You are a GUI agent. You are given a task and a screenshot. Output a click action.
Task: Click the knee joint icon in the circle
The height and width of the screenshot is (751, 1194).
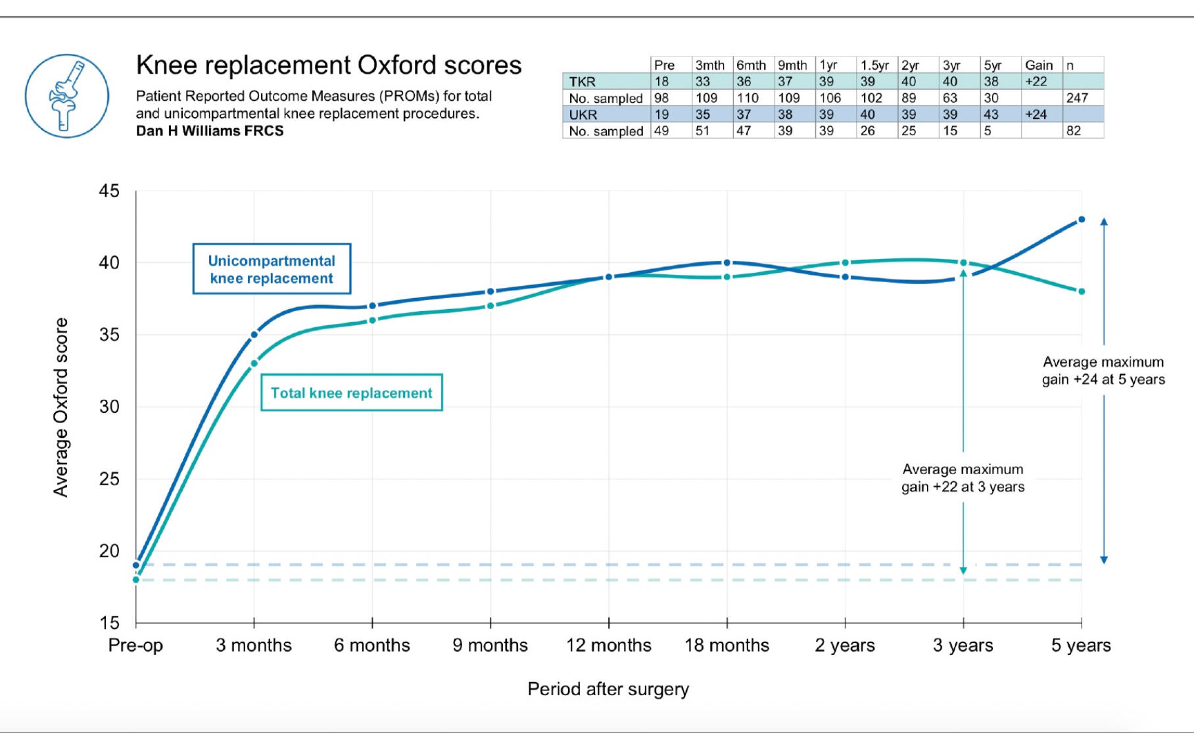pyautogui.click(x=66, y=96)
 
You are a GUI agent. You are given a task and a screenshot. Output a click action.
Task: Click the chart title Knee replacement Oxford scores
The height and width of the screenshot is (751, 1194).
pyautogui.click(x=328, y=65)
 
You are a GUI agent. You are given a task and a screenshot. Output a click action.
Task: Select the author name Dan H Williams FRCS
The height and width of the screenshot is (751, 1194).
pyautogui.click(x=210, y=131)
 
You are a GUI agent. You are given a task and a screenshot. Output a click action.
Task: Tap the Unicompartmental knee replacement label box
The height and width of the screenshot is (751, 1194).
pyautogui.click(x=272, y=269)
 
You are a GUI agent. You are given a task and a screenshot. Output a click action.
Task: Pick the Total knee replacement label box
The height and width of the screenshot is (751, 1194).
pyautogui.click(x=352, y=393)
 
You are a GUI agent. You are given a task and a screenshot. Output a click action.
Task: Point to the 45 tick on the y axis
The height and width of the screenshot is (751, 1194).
pyautogui.click(x=109, y=191)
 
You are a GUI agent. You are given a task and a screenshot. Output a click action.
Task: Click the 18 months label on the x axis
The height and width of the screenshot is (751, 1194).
pyautogui.click(x=727, y=645)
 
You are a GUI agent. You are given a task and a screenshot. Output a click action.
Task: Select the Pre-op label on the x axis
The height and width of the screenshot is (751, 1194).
pyautogui.click(x=135, y=645)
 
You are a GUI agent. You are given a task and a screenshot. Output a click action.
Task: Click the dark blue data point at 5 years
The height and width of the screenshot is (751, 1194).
pyautogui.click(x=1082, y=220)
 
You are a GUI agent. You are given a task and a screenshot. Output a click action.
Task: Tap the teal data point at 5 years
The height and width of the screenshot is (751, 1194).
pyautogui.click(x=1082, y=291)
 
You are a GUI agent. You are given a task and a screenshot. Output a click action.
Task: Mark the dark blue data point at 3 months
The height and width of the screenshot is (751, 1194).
pyautogui.click(x=254, y=335)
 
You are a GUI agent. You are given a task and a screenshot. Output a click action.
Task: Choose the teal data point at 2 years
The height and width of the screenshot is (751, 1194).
pyautogui.click(x=846, y=263)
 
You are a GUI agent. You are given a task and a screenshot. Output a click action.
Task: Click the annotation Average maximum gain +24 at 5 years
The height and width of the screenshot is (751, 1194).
pyautogui.click(x=1103, y=371)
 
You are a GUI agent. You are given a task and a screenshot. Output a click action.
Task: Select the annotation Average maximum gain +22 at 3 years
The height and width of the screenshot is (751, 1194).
pyautogui.click(x=963, y=478)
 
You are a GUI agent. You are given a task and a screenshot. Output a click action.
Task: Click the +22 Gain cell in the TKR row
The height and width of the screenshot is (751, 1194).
pyautogui.click(x=1036, y=82)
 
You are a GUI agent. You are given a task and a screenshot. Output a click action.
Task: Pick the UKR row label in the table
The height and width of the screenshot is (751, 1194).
pyautogui.click(x=583, y=114)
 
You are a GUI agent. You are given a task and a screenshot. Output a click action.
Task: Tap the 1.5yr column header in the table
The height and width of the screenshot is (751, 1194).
pyautogui.click(x=874, y=65)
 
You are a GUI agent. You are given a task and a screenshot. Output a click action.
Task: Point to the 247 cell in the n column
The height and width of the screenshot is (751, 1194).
pyautogui.click(x=1077, y=98)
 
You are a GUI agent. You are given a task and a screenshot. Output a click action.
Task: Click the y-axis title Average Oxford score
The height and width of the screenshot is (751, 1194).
pyautogui.click(x=61, y=407)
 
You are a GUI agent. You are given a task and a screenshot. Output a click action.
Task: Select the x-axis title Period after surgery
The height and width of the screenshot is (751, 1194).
pyautogui.click(x=608, y=689)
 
